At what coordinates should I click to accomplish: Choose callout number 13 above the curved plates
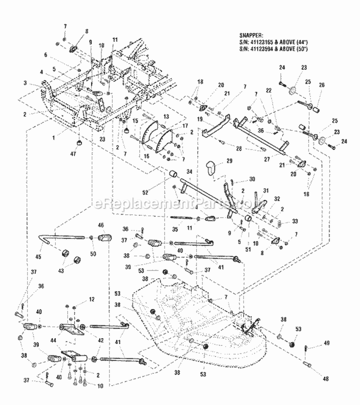coord(166,117)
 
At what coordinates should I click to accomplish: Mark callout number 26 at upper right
coord(322,86)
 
